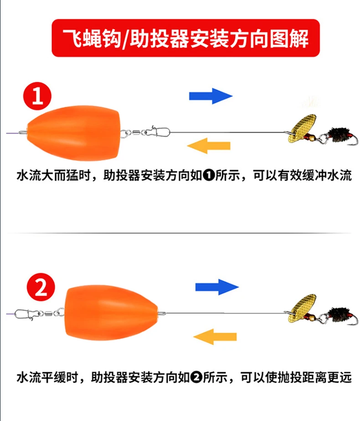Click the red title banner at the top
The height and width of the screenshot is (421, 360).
pyautogui.click(x=185, y=38)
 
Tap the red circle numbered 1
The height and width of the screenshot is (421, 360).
pyautogui.click(x=37, y=96)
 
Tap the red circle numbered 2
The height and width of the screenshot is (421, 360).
pyautogui.click(x=41, y=287)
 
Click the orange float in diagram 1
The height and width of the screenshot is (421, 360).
pyautogui.click(x=74, y=133)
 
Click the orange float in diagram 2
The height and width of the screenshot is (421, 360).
pyautogui.click(x=111, y=313)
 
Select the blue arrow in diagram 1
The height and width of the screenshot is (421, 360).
pyautogui.click(x=211, y=96)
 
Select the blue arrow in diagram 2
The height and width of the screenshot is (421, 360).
pyautogui.click(x=217, y=287)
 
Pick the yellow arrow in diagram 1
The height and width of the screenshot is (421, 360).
pyautogui.click(x=209, y=146)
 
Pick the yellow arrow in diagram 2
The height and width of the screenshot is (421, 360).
pyautogui.click(x=215, y=337)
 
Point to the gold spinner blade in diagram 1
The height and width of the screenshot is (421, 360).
pyautogui.click(x=302, y=129)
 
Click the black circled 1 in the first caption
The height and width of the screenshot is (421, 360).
pyautogui.click(x=209, y=175)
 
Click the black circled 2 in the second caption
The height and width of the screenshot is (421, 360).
pyautogui.click(x=196, y=378)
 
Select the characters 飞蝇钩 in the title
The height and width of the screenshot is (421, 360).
pyautogui.click(x=93, y=38)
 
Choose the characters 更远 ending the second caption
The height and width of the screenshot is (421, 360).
pyautogui.click(x=339, y=378)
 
